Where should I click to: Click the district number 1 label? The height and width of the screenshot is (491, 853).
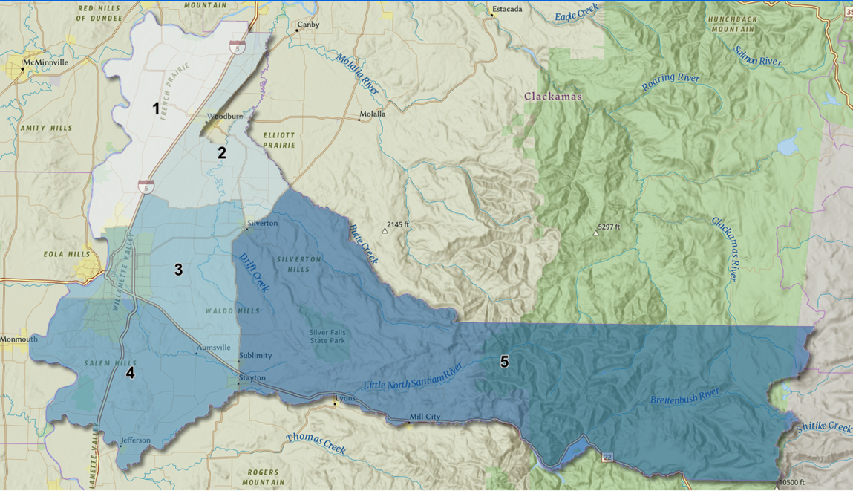[x=156, y=109]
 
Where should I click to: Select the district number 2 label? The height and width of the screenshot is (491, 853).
[x=221, y=153]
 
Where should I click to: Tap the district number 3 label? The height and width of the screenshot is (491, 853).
[x=178, y=270]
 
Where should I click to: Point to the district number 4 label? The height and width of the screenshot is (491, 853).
[x=131, y=373]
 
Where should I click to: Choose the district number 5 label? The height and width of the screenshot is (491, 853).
[x=505, y=362]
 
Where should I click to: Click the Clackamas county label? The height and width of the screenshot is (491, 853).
[x=553, y=97]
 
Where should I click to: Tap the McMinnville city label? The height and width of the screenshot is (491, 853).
[x=45, y=63]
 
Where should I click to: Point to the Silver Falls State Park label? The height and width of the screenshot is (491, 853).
[x=327, y=336]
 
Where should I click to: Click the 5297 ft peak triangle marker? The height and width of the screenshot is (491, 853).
[x=596, y=233]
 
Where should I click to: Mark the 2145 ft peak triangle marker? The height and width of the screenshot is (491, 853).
[x=385, y=231]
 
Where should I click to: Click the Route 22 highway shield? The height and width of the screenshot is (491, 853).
[x=607, y=458]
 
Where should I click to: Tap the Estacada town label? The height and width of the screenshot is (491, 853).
[x=507, y=10]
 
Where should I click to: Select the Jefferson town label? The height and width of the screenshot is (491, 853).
[x=136, y=440]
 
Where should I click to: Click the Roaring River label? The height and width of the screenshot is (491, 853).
[x=671, y=79]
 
